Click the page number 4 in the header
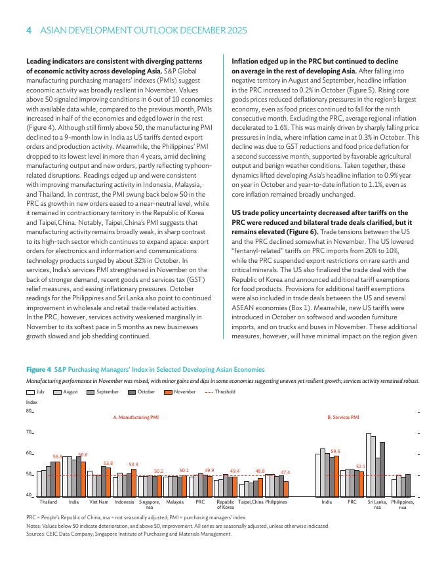pos(29,31)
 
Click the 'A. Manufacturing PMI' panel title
pos(136,416)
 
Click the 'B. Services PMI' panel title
pos(343,416)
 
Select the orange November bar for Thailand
pos(56,478)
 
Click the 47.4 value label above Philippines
pos(285,471)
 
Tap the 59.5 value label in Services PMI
pos(335,451)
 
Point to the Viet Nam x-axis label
pos(99,502)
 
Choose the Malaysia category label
pos(174,502)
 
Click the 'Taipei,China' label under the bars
pos(251,502)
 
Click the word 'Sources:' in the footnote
pos(35,534)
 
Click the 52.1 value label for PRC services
pos(361,466)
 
